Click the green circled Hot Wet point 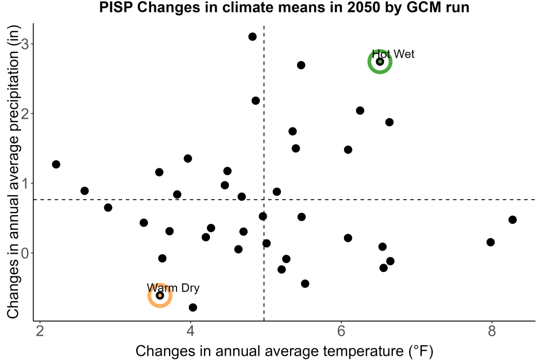pos(380,62)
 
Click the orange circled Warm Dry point pos(160,295)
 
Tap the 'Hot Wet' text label pos(393,54)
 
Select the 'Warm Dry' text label pos(173,288)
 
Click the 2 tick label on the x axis pos(40,331)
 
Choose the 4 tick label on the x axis pos(191,331)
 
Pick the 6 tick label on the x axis pos(341,331)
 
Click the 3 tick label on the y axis pos(25,44)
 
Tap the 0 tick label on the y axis pos(25,253)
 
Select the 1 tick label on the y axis pos(25,183)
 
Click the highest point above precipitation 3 pos(252,37)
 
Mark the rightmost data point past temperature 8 pos(512,220)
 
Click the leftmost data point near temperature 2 pos(56,164)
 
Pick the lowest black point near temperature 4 pos(193,307)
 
